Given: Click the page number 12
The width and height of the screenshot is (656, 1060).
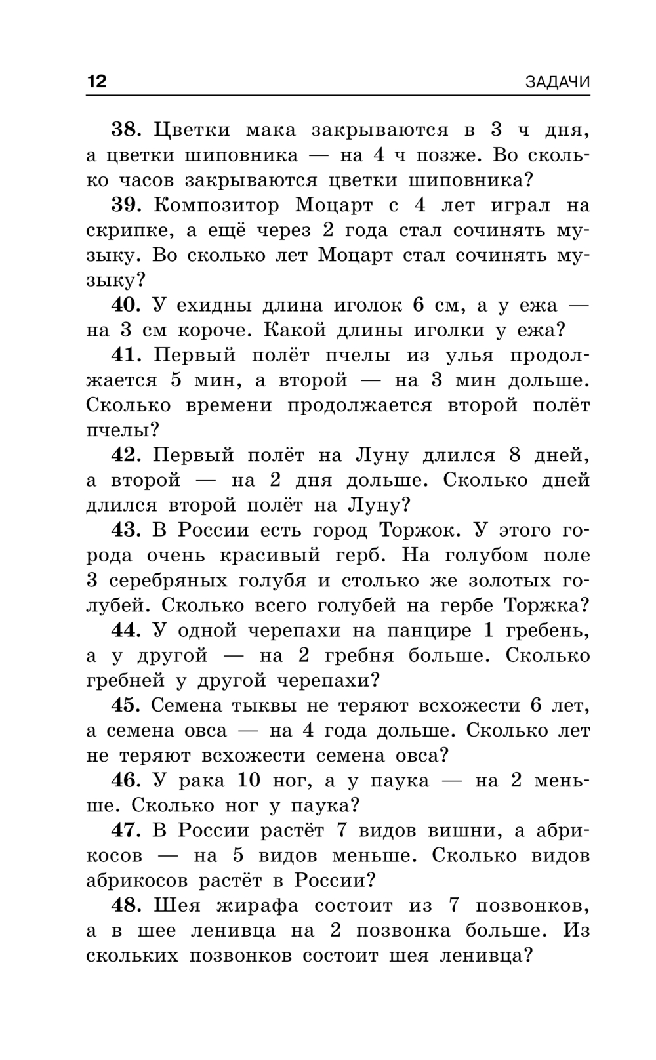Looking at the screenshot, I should point(96,81).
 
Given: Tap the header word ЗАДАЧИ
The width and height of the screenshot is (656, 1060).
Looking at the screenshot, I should point(557,82).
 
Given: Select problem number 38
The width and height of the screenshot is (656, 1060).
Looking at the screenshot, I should point(127,130).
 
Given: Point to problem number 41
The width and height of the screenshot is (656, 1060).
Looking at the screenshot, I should point(127,355).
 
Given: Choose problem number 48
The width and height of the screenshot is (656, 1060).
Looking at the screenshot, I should point(127,905).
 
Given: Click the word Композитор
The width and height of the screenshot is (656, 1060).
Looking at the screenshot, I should point(216,205).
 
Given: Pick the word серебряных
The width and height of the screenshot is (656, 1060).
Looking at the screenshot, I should point(167,581).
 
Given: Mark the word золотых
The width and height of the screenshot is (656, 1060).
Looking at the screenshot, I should point(508,581).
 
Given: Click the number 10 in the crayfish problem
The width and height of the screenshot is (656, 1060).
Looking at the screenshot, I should point(249,781).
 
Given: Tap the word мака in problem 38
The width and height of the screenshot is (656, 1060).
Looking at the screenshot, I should point(270,130).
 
